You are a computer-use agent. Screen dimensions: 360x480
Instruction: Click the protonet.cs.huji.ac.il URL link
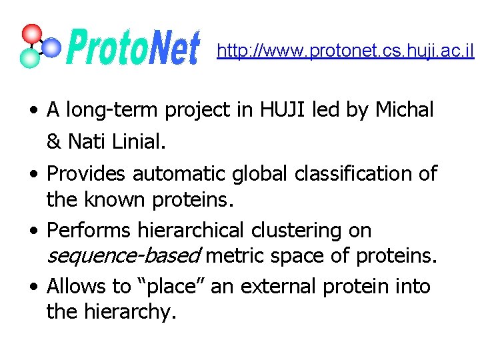345,51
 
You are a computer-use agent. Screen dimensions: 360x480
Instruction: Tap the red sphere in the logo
31,34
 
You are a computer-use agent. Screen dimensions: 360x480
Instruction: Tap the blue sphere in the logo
51,47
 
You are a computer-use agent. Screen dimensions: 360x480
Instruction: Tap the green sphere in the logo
29,58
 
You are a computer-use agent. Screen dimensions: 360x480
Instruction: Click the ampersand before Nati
54,142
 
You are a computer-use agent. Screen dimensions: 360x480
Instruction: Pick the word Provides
87,174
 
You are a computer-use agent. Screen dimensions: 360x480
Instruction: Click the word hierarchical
191,231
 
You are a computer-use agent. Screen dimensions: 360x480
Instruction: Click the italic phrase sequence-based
123,255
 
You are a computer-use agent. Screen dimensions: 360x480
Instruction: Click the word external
279,287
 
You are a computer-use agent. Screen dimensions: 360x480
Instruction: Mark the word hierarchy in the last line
130,312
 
